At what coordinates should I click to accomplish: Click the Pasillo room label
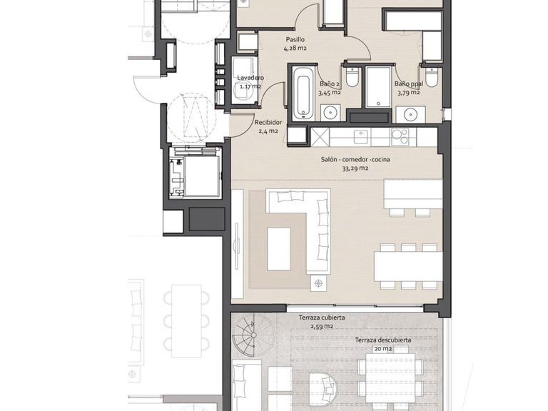point(295,39)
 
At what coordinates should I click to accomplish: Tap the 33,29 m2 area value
point(355,168)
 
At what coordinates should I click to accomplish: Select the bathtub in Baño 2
point(301,93)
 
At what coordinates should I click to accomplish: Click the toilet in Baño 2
point(352,77)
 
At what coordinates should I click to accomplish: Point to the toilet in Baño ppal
point(432,77)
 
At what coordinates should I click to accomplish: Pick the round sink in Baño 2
point(330,113)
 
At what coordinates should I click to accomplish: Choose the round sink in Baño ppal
point(410,114)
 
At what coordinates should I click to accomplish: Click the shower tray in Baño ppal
point(378,87)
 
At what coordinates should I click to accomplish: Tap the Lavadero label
point(250,78)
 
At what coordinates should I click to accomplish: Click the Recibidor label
point(268,123)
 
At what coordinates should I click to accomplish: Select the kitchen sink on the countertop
point(361,137)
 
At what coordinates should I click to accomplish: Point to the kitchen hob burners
point(400,136)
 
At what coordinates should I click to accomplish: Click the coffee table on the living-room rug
point(279,249)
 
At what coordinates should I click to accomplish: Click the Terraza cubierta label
point(322,318)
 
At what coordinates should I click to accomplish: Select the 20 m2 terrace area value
point(383,348)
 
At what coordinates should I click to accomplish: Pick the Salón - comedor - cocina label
point(355,159)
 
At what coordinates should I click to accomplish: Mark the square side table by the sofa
point(318,283)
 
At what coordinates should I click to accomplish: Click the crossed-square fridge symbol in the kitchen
point(320,137)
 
